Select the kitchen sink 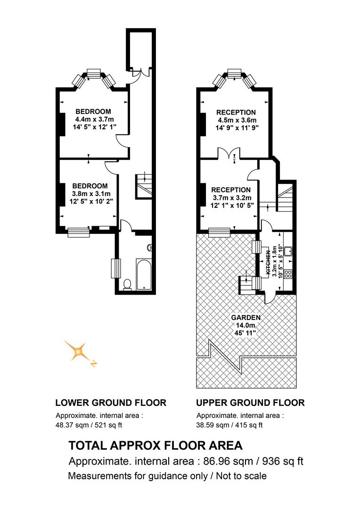pos(288,251)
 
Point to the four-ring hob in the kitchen pos(288,274)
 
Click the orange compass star pos(78,351)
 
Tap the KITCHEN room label pos(268,263)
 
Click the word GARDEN pos(246,318)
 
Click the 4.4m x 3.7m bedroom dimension pos(94,119)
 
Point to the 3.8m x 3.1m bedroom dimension pos(91,194)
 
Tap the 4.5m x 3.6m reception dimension pos(237,120)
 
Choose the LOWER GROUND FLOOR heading pos(111,403)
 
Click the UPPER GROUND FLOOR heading pos(250,403)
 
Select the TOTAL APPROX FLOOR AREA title pos(155,445)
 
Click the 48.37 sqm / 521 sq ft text pos(89,425)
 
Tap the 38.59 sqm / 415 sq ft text pos(229,425)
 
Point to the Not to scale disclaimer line pos(167,476)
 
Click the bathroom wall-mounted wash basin pos(149,248)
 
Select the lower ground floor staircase pos(143,186)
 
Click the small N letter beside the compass pos(93,363)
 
